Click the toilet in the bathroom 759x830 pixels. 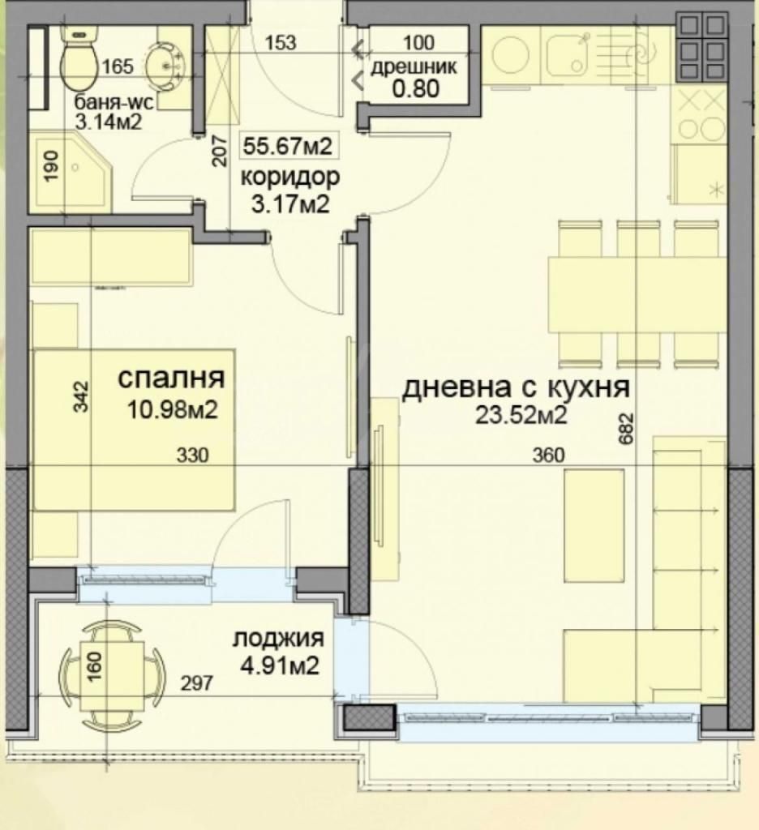[x=79, y=62]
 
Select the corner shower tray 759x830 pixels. [x=71, y=172]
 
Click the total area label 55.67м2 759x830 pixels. [x=288, y=146]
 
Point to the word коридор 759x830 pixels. [x=289, y=178]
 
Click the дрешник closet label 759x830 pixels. [x=414, y=67]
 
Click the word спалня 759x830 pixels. [x=171, y=378]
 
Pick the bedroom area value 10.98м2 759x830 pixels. [x=173, y=409]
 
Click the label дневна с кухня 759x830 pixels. [x=516, y=388]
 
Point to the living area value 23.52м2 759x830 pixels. [x=521, y=415]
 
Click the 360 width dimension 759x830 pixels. [x=548, y=456]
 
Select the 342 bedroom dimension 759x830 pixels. [x=80, y=396]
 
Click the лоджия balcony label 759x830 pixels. [x=278, y=638]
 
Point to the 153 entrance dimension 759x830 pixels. [x=281, y=42]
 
